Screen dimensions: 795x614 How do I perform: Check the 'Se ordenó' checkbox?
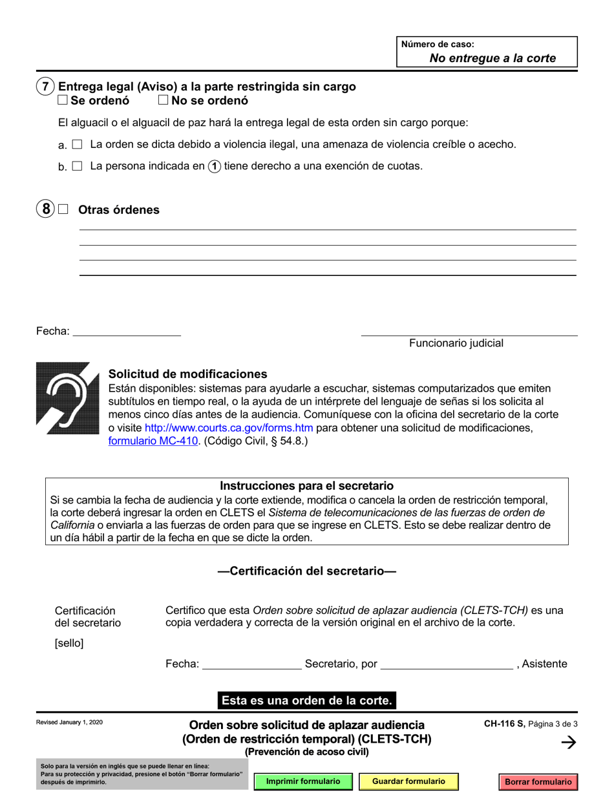[63, 100]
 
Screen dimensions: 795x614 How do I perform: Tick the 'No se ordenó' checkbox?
[163, 100]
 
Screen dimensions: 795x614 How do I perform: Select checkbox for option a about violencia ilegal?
[78, 145]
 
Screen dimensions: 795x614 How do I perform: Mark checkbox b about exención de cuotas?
[78, 166]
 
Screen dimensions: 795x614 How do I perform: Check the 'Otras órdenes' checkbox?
[63, 209]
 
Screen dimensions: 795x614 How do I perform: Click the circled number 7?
[45, 87]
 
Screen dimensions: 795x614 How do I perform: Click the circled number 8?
[45, 209]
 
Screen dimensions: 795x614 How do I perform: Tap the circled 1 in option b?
[214, 166]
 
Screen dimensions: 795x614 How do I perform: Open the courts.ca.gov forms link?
[229, 428]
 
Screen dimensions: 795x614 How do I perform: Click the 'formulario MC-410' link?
[153, 442]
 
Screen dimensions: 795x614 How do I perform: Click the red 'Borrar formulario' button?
[538, 781]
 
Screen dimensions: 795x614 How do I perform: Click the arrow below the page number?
[569, 743]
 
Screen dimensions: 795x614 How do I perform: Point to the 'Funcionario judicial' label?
[456, 343]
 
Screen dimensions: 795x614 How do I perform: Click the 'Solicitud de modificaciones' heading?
[187, 374]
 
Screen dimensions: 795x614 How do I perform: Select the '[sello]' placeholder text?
[69, 643]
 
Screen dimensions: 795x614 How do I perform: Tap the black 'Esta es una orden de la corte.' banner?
[306, 700]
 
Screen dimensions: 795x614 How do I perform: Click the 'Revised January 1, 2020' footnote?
[69, 722]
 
